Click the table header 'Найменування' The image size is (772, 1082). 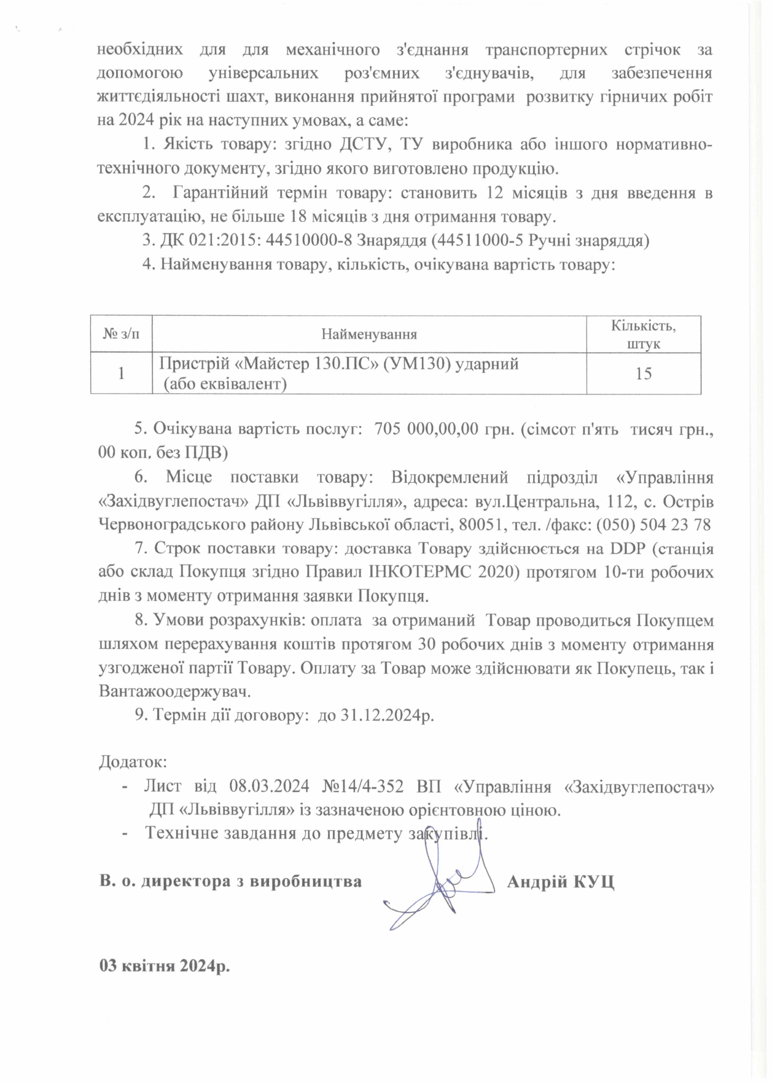(369, 334)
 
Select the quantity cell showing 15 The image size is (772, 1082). (644, 373)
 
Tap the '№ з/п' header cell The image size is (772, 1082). (121, 334)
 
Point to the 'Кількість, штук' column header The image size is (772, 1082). (644, 334)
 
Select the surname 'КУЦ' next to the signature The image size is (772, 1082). (593, 882)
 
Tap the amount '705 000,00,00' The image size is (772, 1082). (426, 429)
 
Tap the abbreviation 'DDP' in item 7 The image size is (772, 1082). (628, 548)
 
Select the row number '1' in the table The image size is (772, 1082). (121, 373)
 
